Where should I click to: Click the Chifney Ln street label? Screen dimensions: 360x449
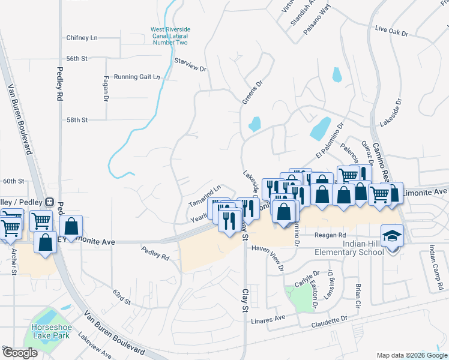click(x=82, y=38)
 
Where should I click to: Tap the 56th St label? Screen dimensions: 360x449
click(x=77, y=58)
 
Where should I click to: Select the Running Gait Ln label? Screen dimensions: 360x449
click(x=137, y=77)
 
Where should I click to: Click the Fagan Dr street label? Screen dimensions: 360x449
click(x=106, y=88)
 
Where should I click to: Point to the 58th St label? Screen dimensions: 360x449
click(x=77, y=120)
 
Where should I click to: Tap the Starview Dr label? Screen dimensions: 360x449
click(x=190, y=64)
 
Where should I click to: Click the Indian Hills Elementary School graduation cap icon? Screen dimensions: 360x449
click(x=392, y=235)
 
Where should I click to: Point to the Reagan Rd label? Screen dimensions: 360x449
click(x=334, y=235)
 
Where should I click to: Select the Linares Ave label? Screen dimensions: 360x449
click(x=268, y=319)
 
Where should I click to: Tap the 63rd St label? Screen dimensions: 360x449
click(x=122, y=296)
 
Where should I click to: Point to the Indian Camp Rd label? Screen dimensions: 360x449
click(x=436, y=264)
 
